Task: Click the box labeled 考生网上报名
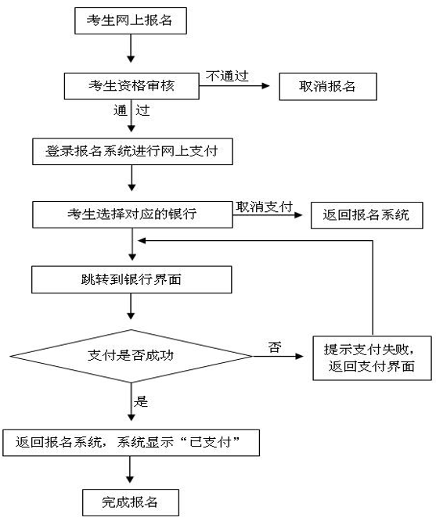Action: pos(131,22)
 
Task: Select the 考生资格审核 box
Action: pos(131,86)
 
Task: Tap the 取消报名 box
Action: pos(328,86)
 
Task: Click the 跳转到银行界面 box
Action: pos(131,278)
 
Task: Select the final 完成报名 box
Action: pos(131,501)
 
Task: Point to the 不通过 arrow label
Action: pos(226,75)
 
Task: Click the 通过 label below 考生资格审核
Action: pos(131,110)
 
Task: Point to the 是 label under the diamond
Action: pos(142,402)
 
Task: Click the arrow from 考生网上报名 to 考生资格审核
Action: pos(131,51)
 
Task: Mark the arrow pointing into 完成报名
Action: pos(131,472)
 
